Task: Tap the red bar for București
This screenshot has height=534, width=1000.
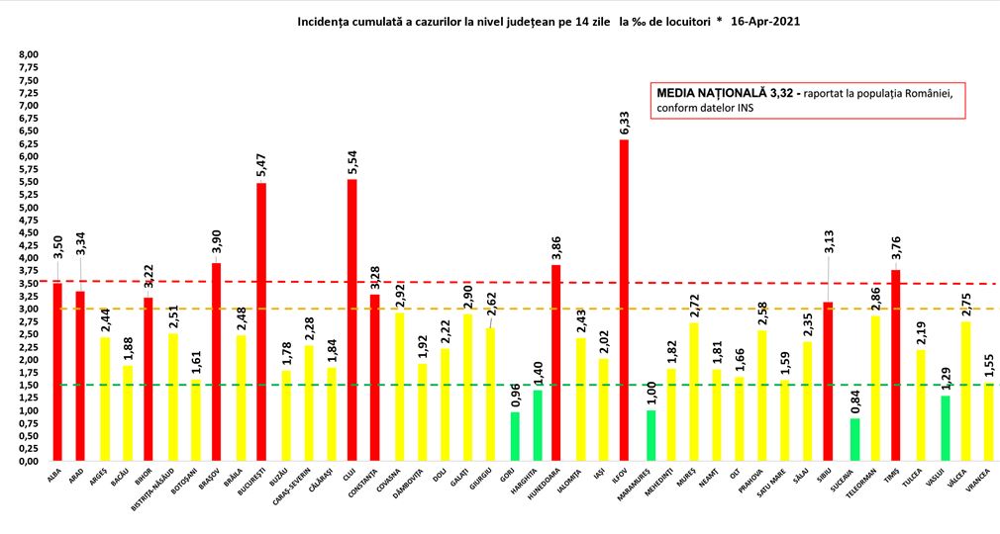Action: click(x=261, y=321)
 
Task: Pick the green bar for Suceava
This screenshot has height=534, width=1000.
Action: click(x=854, y=439)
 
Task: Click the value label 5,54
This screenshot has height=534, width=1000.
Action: click(x=352, y=161)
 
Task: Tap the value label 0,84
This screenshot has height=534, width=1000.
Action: click(x=854, y=400)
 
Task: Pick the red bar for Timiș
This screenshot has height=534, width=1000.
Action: click(x=895, y=365)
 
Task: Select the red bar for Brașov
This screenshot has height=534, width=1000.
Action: click(x=216, y=362)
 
